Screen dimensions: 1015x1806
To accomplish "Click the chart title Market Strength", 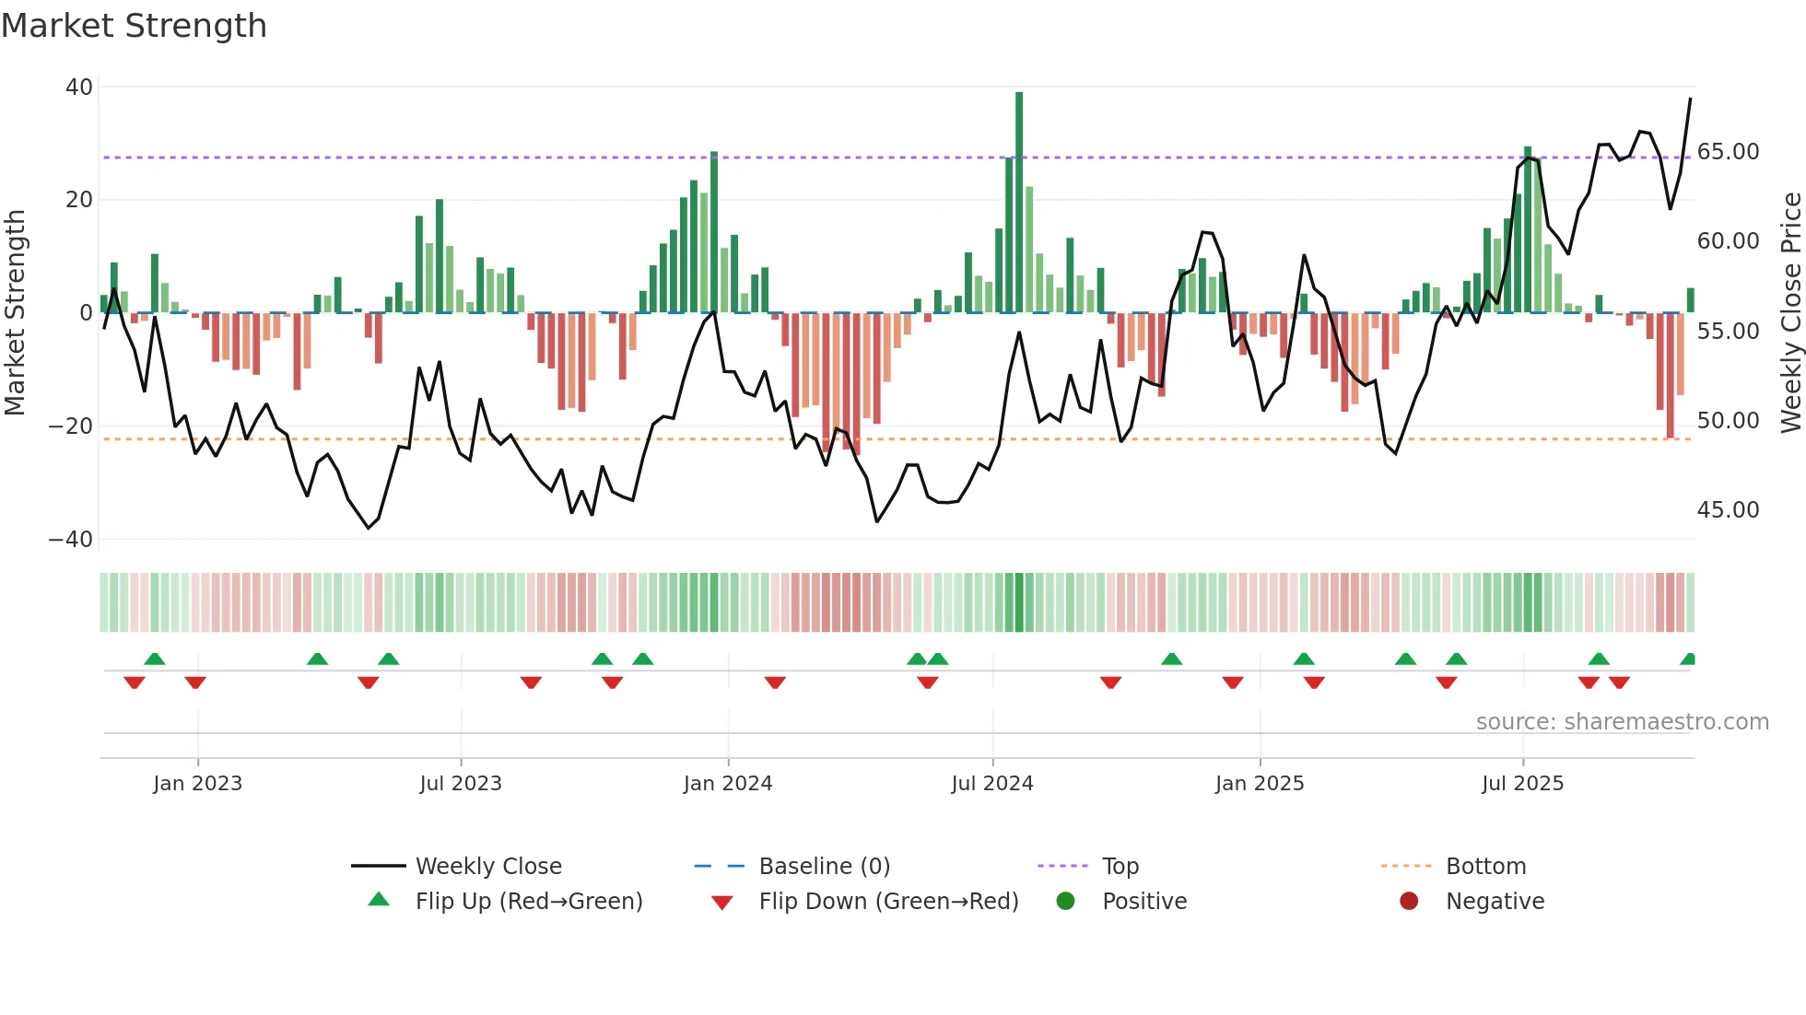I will click(134, 26).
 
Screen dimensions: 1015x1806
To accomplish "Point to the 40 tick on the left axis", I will click(79, 87).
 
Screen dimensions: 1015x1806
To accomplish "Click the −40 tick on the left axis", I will click(71, 540).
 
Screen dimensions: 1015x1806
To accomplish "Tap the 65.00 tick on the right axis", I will click(1728, 152).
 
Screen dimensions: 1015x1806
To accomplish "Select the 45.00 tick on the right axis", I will click(1728, 510).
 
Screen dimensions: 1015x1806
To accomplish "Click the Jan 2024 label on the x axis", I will click(727, 784).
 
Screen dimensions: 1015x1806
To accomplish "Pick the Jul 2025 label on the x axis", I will click(1522, 784).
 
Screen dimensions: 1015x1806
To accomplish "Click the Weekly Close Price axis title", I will click(1790, 313).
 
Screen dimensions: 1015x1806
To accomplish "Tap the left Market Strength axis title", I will click(16, 313).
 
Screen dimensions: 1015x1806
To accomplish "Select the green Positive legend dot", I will click(1065, 902).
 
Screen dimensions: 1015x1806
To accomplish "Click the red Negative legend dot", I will click(1409, 902).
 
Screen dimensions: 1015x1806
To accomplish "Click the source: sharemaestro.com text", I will click(1622, 722).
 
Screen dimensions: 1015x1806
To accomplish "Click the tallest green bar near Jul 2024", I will click(1019, 203).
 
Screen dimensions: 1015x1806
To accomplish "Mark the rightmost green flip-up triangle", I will click(1688, 659).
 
